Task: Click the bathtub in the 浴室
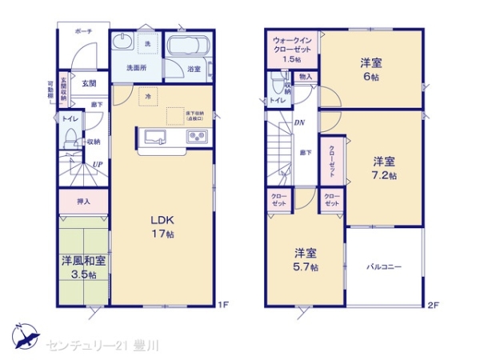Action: pos(190,46)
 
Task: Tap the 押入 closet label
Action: pos(83,202)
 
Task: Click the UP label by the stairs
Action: pos(96,166)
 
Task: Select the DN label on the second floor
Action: pos(298,122)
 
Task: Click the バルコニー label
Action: pos(384,266)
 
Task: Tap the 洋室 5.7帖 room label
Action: pos(305,259)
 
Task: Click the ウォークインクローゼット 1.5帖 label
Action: pos(292,49)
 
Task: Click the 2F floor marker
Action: pos(433,305)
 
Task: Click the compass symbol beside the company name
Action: pos(24,335)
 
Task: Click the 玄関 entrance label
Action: pos(88,83)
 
